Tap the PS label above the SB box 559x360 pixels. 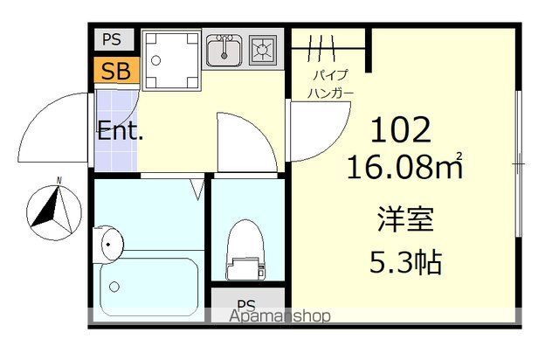pyautogui.click(x=111, y=40)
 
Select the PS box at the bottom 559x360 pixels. pyautogui.click(x=246, y=305)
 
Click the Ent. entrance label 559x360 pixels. pyautogui.click(x=121, y=134)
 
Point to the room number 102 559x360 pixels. pyautogui.click(x=401, y=131)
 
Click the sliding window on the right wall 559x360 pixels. pyautogui.click(x=518, y=163)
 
